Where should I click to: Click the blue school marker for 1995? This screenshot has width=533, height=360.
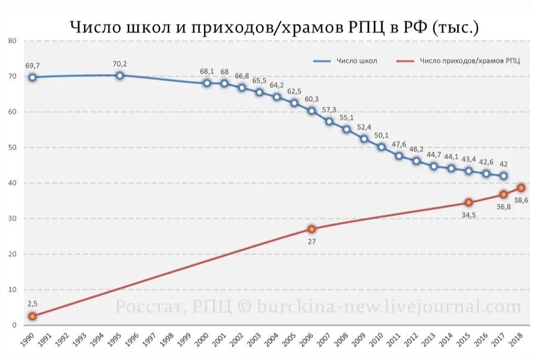tap(119, 75)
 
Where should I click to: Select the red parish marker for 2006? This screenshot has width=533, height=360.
tap(312, 229)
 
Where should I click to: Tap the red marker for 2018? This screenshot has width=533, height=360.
tap(520, 187)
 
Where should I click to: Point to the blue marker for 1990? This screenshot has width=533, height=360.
tap(32, 77)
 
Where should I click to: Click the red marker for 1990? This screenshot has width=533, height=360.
tap(32, 316)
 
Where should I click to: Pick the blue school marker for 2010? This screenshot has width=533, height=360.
tap(381, 147)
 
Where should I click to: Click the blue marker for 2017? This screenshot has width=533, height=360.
tap(504, 176)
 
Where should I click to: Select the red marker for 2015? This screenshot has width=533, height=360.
tap(469, 202)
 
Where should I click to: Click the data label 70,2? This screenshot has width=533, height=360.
tap(120, 64)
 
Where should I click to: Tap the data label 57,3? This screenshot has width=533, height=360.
tap(329, 110)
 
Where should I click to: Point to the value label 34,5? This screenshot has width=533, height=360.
tap(469, 215)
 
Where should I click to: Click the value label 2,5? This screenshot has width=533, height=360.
tap(32, 304)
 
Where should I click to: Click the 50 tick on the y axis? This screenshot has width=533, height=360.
tap(12, 147)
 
